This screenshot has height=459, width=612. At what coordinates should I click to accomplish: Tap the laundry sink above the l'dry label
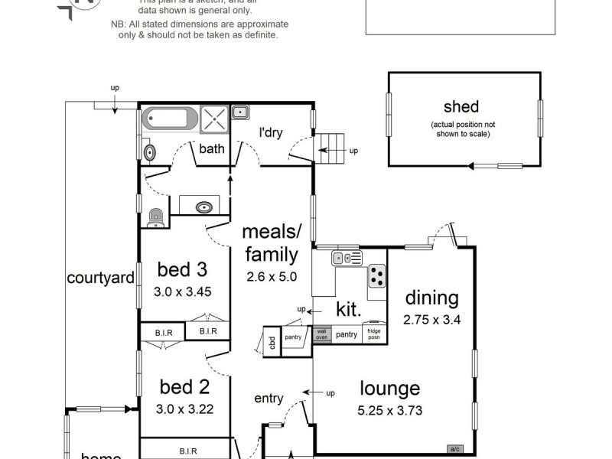pyautogui.click(x=240, y=112)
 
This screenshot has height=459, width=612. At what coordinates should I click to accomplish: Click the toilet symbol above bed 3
pyautogui.click(x=156, y=218)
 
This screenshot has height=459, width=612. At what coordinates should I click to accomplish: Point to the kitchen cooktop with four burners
pyautogui.click(x=376, y=276)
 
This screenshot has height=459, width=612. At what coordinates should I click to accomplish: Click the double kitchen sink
pyautogui.click(x=347, y=259)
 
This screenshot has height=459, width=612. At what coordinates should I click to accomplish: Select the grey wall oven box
pyautogui.click(x=321, y=334)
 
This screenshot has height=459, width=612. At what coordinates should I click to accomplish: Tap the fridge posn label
pyautogui.click(x=374, y=334)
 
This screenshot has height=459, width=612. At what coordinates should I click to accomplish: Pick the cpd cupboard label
pyautogui.click(x=270, y=340)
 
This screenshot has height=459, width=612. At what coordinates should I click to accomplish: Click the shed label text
pyautogui.click(x=461, y=106)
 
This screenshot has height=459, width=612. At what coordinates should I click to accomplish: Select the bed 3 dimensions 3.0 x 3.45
pyautogui.click(x=182, y=291)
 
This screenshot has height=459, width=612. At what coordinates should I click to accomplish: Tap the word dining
pyautogui.click(x=431, y=298)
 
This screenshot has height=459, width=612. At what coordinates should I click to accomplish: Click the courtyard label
pyautogui.click(x=100, y=277)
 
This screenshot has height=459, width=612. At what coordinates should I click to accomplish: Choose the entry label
pyautogui.click(x=269, y=399)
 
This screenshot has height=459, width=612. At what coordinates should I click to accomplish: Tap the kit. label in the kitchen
pyautogui.click(x=349, y=310)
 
